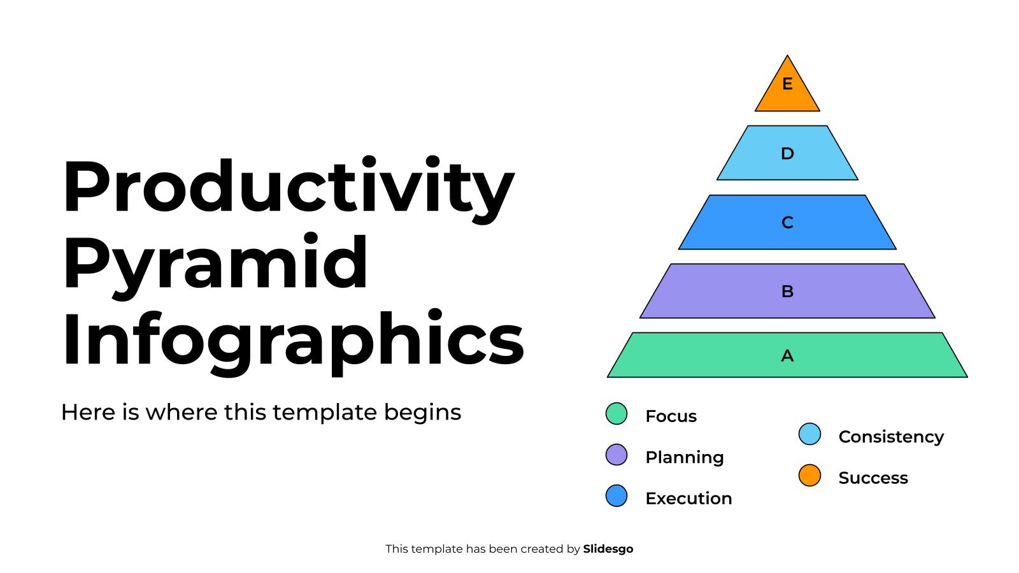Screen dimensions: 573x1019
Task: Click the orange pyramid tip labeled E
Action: [x=787, y=89]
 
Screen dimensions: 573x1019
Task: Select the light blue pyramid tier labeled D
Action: [x=787, y=153]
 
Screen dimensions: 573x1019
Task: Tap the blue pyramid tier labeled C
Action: [x=787, y=222]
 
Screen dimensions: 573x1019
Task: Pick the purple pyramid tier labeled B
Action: [x=787, y=291]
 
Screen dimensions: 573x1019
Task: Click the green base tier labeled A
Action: [x=787, y=355]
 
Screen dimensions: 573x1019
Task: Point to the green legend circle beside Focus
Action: [x=616, y=414]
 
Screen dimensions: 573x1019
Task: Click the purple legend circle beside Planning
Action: [x=616, y=455]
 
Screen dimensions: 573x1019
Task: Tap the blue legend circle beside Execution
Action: [x=616, y=496]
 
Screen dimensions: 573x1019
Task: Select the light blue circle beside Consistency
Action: [x=809, y=434]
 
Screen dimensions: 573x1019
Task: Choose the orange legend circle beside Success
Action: [x=809, y=476]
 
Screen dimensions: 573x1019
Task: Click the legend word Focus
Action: [x=671, y=416]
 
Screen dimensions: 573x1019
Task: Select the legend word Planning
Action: [x=684, y=457]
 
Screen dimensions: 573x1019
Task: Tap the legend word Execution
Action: [x=688, y=499]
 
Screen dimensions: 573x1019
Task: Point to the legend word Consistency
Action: [x=890, y=437]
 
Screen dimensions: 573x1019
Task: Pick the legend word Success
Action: [x=873, y=478]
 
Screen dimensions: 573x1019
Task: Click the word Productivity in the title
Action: [x=288, y=188]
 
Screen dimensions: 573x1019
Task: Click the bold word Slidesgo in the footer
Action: [x=608, y=549]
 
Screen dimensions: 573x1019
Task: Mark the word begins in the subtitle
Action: [x=422, y=413]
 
